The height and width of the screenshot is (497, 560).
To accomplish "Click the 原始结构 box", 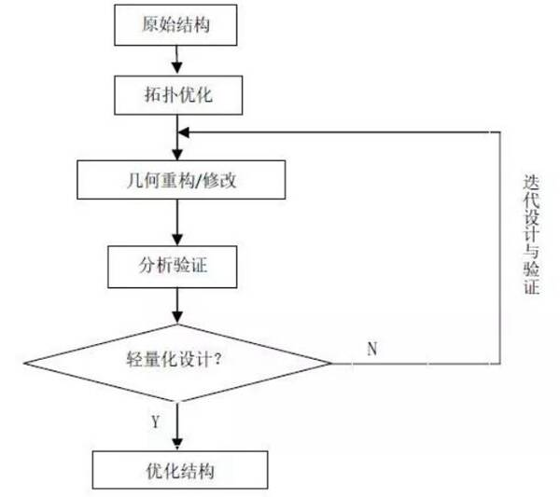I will [175, 25].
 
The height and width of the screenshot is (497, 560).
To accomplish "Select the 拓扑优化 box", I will [175, 94].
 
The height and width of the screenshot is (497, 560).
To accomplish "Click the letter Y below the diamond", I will [156, 422].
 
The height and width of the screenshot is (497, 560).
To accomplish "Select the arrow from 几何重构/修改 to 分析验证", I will [175, 222].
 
